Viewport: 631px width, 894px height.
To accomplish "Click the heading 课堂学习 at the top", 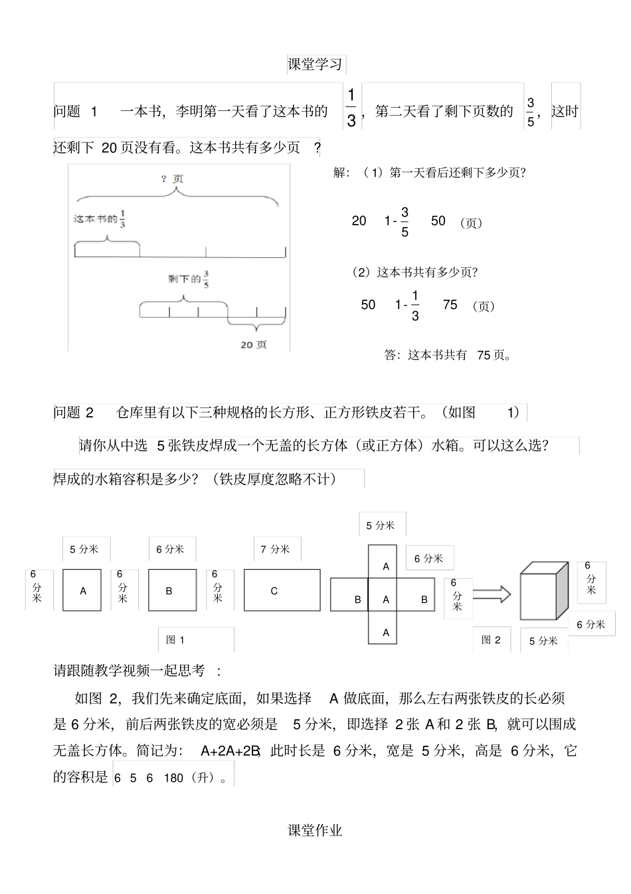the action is pyautogui.click(x=315, y=64).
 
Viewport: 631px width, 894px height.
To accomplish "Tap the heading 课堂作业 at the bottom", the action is pyautogui.click(x=315, y=830).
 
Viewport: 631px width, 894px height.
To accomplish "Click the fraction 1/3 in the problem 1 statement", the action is pyautogui.click(x=351, y=107).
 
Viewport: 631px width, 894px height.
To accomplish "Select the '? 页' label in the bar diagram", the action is pyautogui.click(x=172, y=179).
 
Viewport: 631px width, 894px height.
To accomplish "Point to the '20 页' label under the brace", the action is pyautogui.click(x=254, y=344).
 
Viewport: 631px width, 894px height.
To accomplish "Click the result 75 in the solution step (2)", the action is pyautogui.click(x=450, y=304).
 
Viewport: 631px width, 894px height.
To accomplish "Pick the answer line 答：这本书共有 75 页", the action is pyautogui.click(x=448, y=355).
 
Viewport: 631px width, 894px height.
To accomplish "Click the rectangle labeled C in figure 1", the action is pyautogui.click(x=282, y=590).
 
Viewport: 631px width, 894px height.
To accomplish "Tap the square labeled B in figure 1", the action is pyautogui.click(x=172, y=590).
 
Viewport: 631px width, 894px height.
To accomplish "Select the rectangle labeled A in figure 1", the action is pyautogui.click(x=82, y=590).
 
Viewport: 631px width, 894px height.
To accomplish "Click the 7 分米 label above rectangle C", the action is pyautogui.click(x=275, y=549).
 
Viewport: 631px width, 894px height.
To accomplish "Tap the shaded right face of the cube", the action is pyautogui.click(x=562, y=591).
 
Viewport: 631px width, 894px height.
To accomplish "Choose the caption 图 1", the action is pyautogui.click(x=175, y=639).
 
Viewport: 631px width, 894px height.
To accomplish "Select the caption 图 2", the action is pyautogui.click(x=491, y=639).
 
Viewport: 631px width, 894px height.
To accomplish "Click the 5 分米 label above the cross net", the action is pyautogui.click(x=381, y=525).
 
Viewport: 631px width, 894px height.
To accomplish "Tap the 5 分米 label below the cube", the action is pyautogui.click(x=543, y=641).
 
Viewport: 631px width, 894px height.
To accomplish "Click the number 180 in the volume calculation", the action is pyautogui.click(x=173, y=778).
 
